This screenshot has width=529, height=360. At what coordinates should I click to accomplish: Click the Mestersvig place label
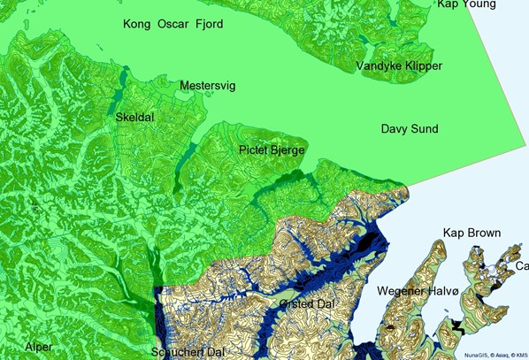209,86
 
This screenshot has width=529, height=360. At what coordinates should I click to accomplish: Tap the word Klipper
424,66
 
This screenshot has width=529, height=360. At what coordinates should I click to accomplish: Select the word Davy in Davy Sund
395,129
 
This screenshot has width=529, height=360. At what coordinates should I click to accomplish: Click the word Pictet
255,150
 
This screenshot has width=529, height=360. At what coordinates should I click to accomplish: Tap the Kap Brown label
471,233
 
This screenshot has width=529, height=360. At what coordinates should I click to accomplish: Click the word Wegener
403,291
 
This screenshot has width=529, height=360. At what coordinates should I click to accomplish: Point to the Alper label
38,347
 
